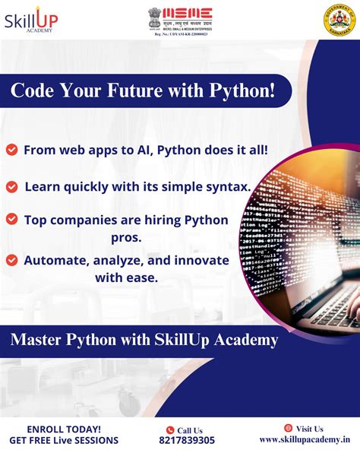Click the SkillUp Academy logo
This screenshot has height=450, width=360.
[30, 21]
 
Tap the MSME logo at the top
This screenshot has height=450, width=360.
[180, 19]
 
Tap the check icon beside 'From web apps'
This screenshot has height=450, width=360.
[11, 150]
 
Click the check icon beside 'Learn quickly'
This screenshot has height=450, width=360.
[11, 185]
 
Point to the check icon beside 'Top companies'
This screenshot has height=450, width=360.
[11, 220]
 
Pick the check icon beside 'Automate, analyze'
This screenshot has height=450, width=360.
[11, 260]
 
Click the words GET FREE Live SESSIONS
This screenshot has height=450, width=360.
[64, 439]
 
